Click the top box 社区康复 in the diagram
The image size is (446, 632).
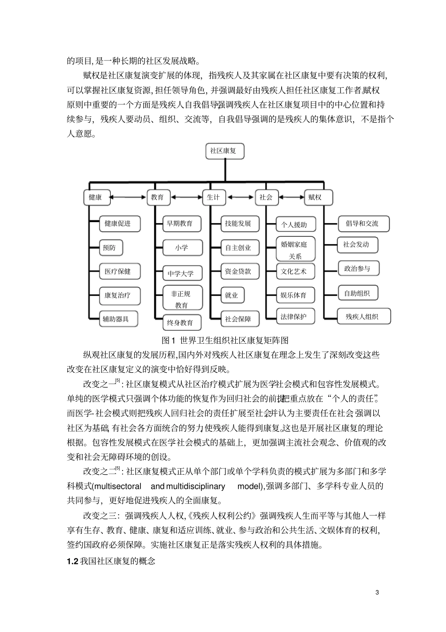[x=224, y=151]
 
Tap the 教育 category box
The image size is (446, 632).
[x=158, y=197]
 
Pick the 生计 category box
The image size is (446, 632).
[x=214, y=197]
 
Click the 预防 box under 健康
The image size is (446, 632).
[x=112, y=247]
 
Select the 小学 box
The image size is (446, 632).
[x=182, y=248]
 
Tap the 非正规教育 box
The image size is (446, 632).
[x=182, y=299]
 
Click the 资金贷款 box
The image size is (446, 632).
[x=238, y=271]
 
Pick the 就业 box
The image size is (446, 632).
[x=231, y=295]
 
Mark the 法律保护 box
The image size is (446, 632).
[x=294, y=316]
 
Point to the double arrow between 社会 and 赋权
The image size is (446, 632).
[x=290, y=197]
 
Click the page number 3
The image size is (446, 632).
[x=377, y=592]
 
